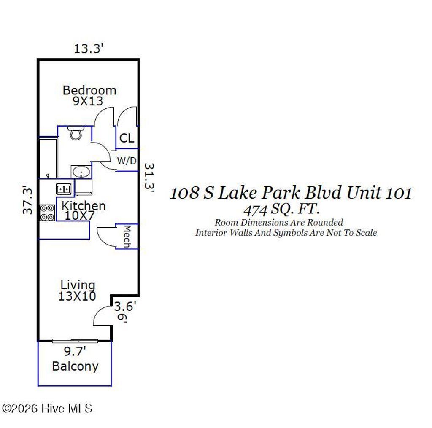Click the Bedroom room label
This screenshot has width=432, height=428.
(x=89, y=90)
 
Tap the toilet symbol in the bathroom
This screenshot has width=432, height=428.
(x=76, y=133)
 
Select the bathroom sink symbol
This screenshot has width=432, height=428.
(x=81, y=172)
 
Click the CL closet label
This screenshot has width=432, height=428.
(x=127, y=138)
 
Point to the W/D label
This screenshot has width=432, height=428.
(x=127, y=161)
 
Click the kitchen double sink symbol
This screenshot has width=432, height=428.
(x=64, y=189)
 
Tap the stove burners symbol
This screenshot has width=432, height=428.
(x=47, y=213)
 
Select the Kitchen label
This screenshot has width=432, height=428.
(x=84, y=206)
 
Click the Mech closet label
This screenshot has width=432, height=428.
(x=127, y=236)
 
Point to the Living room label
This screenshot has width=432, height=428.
(x=78, y=285)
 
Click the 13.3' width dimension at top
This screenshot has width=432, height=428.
(x=89, y=49)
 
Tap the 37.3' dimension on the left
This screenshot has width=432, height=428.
(x=28, y=200)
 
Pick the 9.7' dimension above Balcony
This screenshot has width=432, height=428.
(x=75, y=351)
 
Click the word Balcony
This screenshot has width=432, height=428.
(x=75, y=366)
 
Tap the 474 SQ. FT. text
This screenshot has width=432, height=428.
(x=281, y=208)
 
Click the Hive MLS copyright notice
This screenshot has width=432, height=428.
(x=47, y=408)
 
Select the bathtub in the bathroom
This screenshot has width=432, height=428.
(x=49, y=158)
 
